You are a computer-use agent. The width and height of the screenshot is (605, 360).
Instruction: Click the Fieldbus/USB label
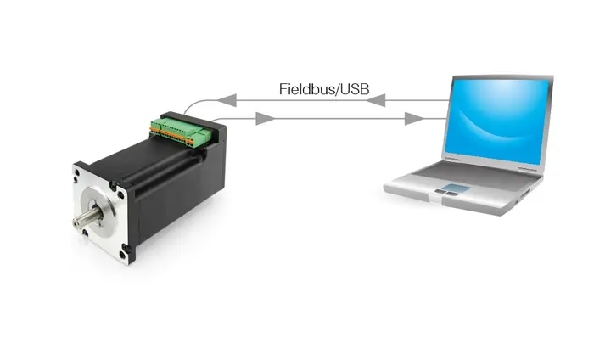pos(324,89)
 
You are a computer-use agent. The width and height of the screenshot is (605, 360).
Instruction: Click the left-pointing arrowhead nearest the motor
pos(227,100)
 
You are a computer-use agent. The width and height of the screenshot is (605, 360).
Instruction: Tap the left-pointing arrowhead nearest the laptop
pos(375,100)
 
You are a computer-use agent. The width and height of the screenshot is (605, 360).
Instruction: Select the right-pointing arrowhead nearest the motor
pos(266,119)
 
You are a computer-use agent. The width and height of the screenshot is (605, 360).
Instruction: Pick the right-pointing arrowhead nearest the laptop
pos(414,119)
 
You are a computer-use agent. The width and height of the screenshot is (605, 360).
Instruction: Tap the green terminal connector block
pos(181,132)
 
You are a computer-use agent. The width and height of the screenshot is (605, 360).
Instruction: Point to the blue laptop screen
pos(496,121)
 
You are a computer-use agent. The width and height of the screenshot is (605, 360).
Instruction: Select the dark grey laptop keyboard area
pos(475,175)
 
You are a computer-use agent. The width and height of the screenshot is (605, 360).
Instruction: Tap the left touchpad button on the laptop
pos(440,192)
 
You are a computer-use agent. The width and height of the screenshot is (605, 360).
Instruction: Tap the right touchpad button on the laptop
pos(451,194)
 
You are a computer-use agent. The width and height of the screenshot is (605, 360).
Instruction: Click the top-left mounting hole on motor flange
pos(77,172)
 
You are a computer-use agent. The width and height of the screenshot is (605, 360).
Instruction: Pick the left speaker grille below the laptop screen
pos(452,159)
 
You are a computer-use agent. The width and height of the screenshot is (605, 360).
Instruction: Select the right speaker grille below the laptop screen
pos(527,169)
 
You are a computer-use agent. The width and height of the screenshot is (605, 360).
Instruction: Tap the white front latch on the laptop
pos(434,200)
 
